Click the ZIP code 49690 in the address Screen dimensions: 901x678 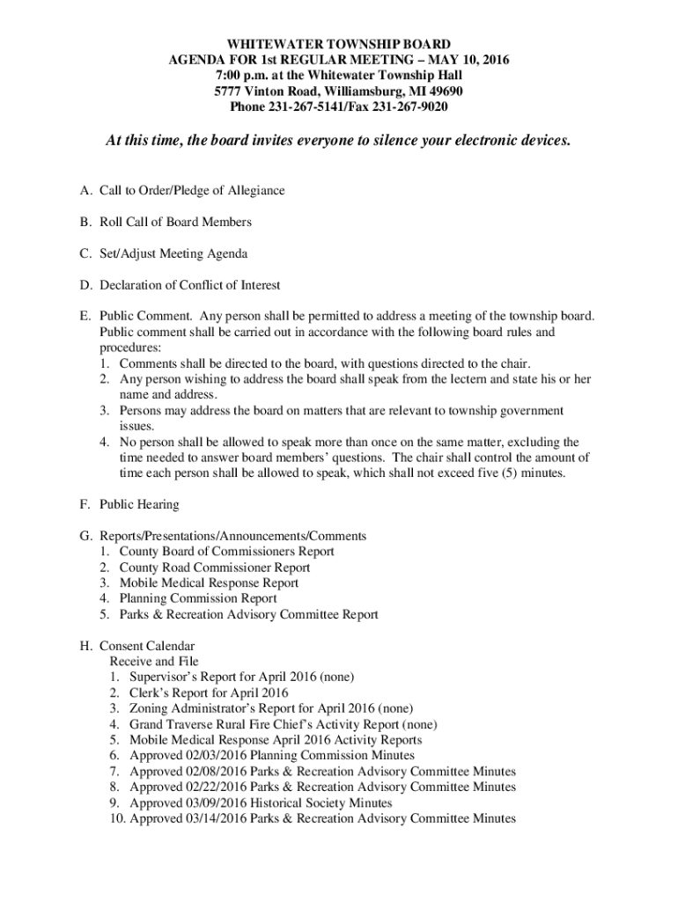[445, 92]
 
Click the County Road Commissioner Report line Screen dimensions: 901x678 [215, 568]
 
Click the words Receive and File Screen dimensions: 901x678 [154, 662]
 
